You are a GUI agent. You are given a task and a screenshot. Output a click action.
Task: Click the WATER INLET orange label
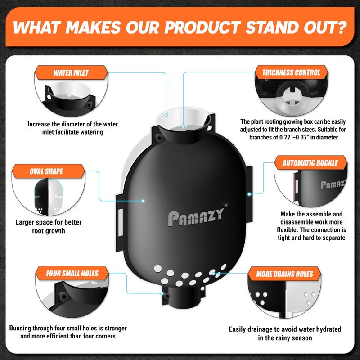[71, 73]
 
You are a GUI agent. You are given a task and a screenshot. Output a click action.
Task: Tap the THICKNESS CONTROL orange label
[291, 72]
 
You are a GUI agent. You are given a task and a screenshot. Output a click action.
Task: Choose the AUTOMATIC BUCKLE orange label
[310, 163]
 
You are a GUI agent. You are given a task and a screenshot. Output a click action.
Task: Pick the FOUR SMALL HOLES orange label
[72, 274]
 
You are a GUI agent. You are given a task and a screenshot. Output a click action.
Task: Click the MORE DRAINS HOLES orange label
[285, 274]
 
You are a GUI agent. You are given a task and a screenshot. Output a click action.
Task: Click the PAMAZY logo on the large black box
[196, 217]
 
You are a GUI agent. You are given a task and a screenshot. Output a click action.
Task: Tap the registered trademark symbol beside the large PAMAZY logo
[226, 205]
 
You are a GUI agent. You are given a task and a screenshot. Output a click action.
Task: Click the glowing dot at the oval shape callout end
[143, 201]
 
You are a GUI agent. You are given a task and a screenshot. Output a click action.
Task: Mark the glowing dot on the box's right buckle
[249, 194]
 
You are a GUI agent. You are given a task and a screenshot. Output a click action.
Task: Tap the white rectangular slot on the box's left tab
[120, 222]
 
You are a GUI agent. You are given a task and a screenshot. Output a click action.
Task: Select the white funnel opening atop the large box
[183, 119]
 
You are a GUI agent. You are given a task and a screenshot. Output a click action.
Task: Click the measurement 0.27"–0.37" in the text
[293, 137]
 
